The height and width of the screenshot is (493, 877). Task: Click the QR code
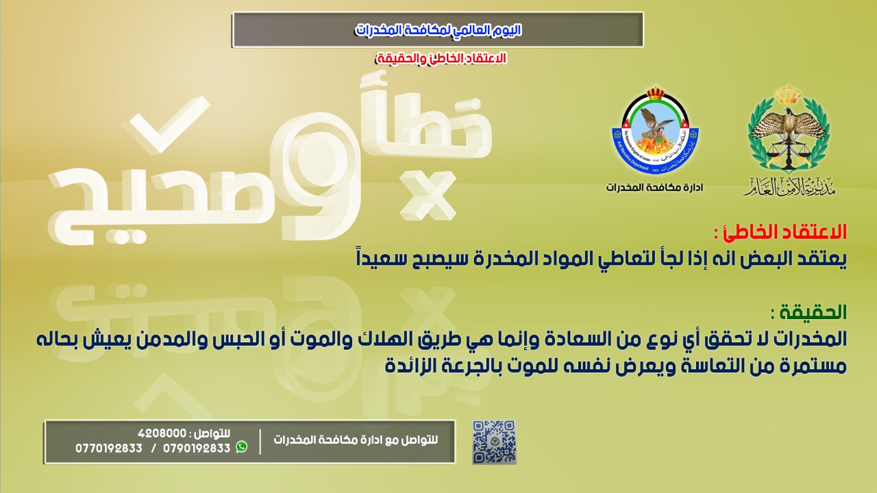(494, 442)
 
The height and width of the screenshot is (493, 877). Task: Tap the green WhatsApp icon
(242, 447)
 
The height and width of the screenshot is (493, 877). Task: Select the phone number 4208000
(162, 433)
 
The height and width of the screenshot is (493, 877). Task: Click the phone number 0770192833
(109, 448)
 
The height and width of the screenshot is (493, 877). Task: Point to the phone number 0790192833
(197, 448)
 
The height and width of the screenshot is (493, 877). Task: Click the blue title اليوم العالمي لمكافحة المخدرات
(438, 29)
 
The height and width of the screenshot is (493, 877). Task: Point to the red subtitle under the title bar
(442, 58)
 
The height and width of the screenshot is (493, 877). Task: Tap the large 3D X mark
(428, 194)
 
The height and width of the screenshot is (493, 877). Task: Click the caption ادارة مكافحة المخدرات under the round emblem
(654, 188)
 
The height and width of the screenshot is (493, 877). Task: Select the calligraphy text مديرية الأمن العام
(789, 186)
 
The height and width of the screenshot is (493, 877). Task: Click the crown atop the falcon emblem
(789, 94)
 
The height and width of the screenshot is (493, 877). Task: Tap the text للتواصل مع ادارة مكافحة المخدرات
(356, 440)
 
